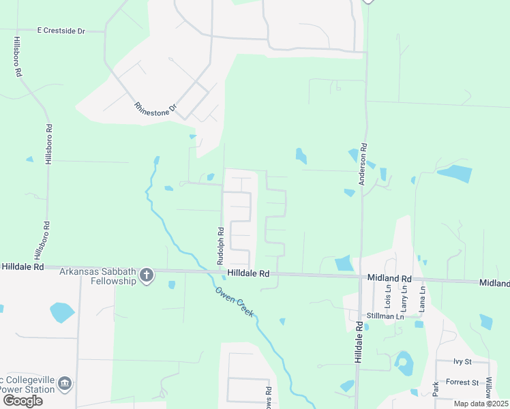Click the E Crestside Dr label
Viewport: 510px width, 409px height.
61,31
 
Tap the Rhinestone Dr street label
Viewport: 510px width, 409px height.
155,108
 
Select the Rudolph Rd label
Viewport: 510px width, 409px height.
220,246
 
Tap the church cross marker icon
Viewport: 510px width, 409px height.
146,275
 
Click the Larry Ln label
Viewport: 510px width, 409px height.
404,299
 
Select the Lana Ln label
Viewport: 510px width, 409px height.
423,299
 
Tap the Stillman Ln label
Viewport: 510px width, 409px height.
385,316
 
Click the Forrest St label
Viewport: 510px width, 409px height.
463,382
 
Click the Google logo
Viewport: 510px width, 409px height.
22,401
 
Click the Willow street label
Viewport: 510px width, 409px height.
488,385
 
